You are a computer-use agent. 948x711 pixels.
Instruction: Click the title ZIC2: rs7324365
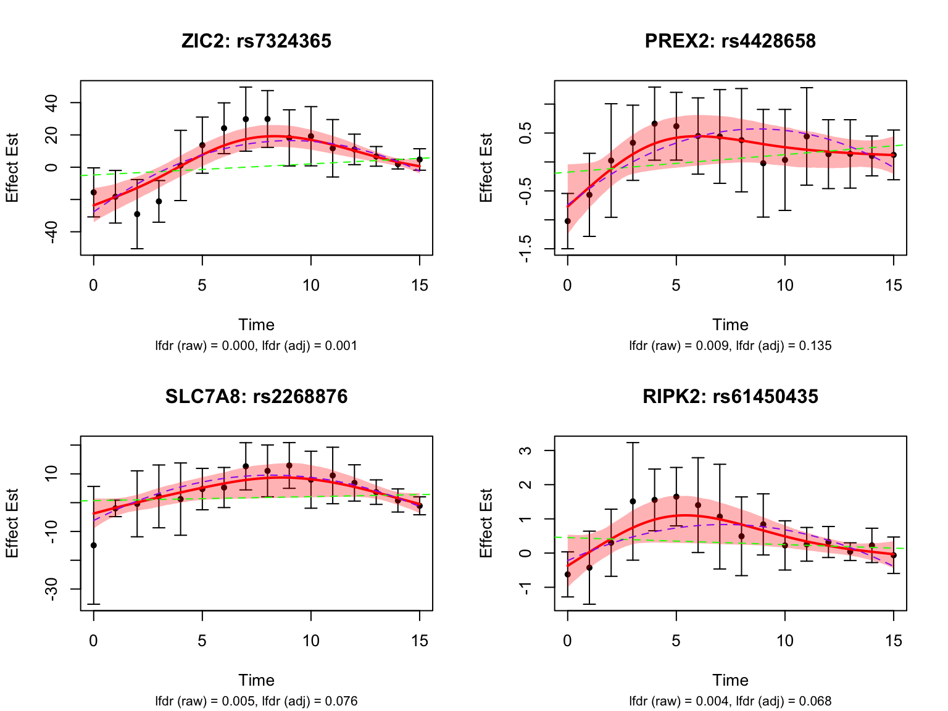click(x=256, y=41)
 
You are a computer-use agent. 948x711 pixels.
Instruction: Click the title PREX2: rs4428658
click(x=730, y=41)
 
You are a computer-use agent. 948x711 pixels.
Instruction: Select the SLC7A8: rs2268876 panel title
click(x=256, y=396)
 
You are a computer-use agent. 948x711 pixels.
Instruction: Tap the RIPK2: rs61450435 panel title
click(x=730, y=396)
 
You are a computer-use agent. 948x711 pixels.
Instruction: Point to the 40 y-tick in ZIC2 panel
click(x=52, y=102)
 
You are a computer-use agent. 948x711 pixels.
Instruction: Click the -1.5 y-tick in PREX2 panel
click(x=526, y=249)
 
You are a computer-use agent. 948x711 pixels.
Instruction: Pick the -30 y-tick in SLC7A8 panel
click(x=52, y=589)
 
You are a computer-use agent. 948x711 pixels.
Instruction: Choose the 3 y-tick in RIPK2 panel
click(x=526, y=451)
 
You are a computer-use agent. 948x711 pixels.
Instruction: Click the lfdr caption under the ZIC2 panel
click(x=256, y=346)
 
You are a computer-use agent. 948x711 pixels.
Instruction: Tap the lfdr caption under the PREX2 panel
click(x=730, y=346)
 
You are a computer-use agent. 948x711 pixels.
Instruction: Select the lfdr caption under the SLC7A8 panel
click(x=256, y=701)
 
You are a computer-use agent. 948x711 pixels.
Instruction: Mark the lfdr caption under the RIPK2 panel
click(x=730, y=701)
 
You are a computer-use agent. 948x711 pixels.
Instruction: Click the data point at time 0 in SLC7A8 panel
click(x=94, y=545)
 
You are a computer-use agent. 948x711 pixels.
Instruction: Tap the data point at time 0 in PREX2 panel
click(x=568, y=221)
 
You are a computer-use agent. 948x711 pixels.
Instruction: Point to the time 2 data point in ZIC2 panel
click(x=137, y=214)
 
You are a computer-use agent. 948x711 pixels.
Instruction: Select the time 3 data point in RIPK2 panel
click(x=633, y=501)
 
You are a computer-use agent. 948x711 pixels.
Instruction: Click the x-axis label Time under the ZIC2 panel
click(x=256, y=325)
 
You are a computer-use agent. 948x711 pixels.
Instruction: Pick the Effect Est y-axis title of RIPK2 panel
click(x=487, y=523)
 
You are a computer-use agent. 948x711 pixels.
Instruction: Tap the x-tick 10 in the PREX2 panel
click(x=784, y=285)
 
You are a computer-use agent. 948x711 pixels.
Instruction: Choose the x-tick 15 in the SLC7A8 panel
click(x=420, y=641)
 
